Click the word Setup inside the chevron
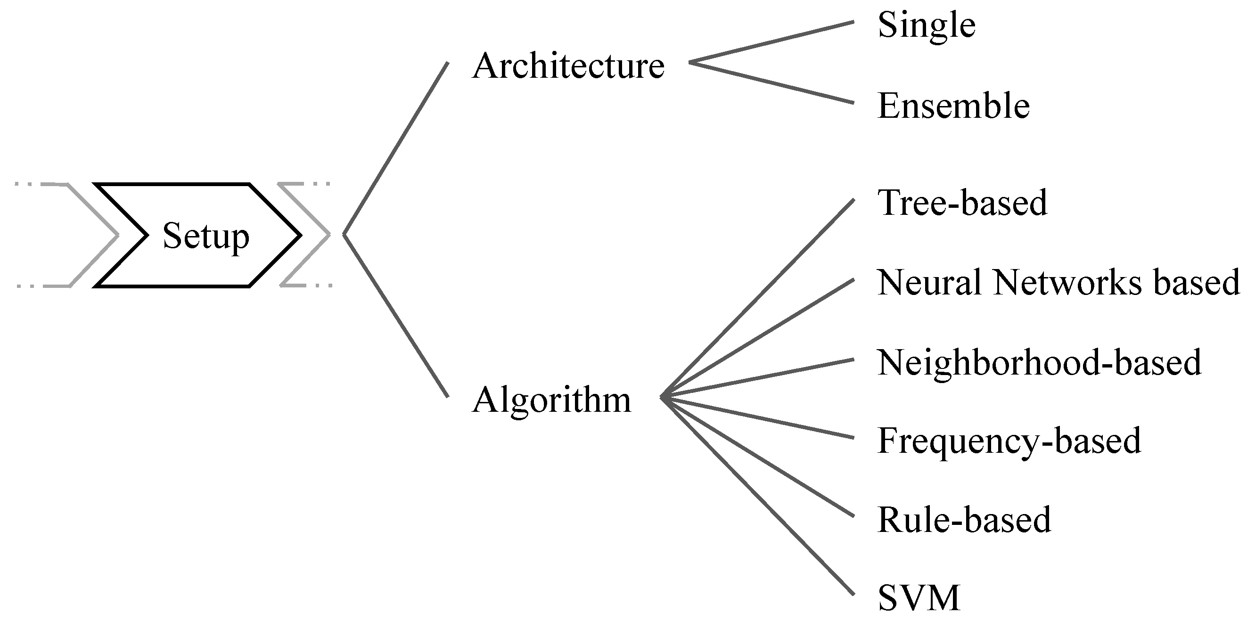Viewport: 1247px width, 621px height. coord(206,236)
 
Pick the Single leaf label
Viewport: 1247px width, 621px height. coord(926,25)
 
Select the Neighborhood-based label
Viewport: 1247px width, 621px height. coord(1039,362)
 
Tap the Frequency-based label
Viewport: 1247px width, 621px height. coord(1009,441)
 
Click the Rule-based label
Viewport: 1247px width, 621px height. coord(964,520)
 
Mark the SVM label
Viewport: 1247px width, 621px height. coord(919,598)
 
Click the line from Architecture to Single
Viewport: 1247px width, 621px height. coord(771,42)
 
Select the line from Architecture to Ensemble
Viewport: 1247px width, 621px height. coord(771,83)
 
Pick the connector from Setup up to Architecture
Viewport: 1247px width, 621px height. coord(396,148)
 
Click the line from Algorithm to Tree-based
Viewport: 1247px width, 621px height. coord(758,298)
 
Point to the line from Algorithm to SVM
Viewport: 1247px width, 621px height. coord(758,496)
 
